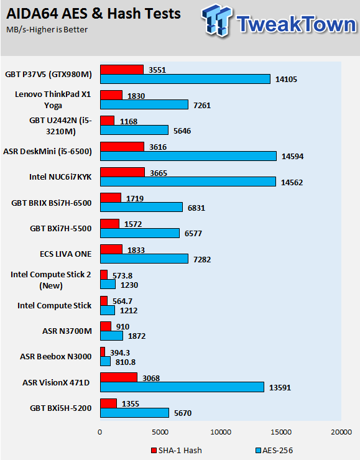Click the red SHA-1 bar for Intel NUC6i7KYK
click(122, 172)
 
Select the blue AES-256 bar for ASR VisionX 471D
click(182, 387)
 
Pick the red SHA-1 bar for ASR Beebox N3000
click(103, 352)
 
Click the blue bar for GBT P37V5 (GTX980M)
click(185, 79)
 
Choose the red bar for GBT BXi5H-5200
click(108, 403)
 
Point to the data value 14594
click(292, 157)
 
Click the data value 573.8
click(122, 276)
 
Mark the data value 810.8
click(126, 362)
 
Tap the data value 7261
click(202, 105)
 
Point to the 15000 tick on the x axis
click(281, 432)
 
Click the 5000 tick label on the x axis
click(160, 432)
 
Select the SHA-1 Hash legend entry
click(177, 450)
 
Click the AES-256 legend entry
click(274, 450)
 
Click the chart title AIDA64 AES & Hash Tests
click(94, 14)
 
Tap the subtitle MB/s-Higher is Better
click(47, 30)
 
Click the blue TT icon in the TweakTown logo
click(217, 20)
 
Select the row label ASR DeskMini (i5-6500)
click(47, 152)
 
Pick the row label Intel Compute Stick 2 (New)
click(51, 280)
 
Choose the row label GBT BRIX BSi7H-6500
click(52, 203)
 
